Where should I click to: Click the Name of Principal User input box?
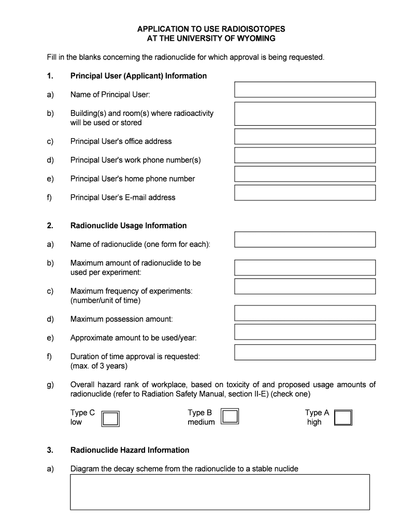(x=305, y=90)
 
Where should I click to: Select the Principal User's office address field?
(x=305, y=137)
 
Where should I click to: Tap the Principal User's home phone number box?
(x=305, y=174)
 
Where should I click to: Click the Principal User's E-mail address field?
(x=305, y=193)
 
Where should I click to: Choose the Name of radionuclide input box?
(x=305, y=240)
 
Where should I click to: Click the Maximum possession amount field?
(x=305, y=313)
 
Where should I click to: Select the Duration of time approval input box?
(x=305, y=352)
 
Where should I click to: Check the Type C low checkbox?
(x=110, y=418)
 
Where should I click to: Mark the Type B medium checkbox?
(x=230, y=416)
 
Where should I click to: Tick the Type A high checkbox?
(x=343, y=417)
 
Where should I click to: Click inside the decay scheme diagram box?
(x=220, y=492)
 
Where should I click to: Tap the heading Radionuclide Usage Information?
(x=129, y=226)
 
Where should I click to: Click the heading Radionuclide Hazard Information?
(x=130, y=450)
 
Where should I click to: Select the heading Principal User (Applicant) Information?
(x=138, y=76)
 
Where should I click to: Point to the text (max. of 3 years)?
(x=98, y=366)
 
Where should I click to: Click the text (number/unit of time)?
(x=105, y=300)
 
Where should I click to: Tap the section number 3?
(x=50, y=450)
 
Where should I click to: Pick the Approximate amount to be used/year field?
(x=305, y=332)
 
